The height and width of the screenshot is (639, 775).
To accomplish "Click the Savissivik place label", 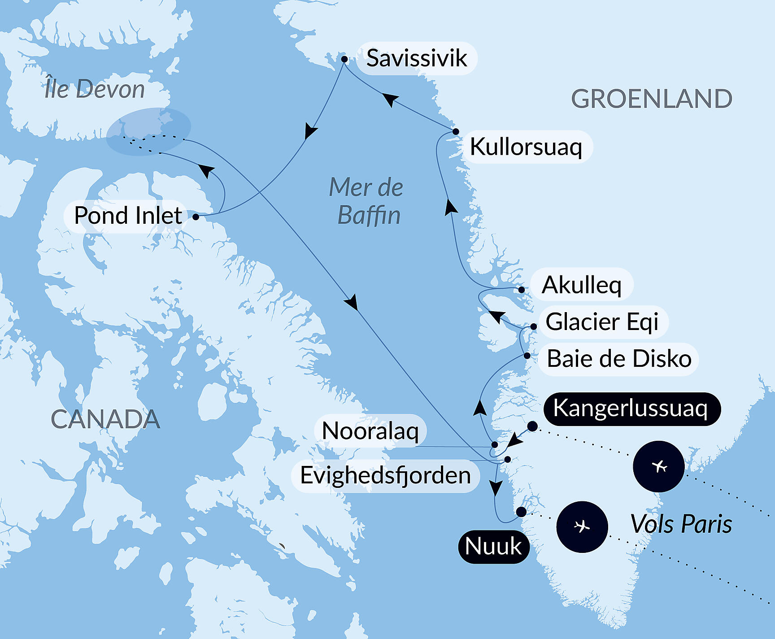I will point(417,58).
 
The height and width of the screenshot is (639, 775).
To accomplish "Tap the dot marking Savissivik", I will point(344,59).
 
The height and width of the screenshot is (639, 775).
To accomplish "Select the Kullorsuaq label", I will point(526,147).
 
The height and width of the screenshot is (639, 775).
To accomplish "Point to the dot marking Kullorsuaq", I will point(456,131).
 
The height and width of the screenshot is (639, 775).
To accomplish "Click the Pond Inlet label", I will point(128,216).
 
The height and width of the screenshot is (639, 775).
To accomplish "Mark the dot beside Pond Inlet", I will point(196,217).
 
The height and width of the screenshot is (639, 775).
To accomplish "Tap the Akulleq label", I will point(582,285).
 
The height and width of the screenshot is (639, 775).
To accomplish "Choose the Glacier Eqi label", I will point(602,322).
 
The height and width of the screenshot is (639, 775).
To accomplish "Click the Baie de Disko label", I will point(619,359).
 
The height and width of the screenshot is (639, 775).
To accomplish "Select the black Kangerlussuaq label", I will point(631,409).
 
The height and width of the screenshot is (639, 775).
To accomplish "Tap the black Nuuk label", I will point(493,546).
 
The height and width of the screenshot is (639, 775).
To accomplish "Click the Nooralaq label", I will point(370,431).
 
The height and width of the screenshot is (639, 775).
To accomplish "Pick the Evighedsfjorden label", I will point(385,475).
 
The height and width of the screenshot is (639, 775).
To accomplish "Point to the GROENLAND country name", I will point(651,99).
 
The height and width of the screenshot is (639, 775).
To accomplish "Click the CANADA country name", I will point(105,419).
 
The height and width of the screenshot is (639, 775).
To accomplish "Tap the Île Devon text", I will point(95,89).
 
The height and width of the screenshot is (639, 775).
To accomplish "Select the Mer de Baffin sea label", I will point(367,201).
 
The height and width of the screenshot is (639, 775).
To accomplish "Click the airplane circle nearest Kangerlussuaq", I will point(658,466).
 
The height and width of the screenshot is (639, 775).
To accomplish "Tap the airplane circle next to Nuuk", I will point(582,526).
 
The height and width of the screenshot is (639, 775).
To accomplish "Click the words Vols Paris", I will point(681,524).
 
